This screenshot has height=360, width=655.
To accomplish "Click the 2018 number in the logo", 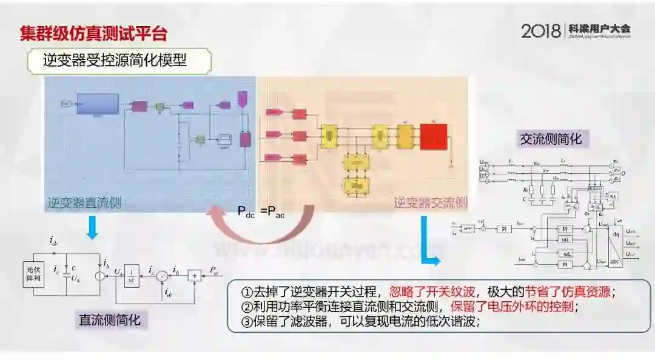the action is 541,31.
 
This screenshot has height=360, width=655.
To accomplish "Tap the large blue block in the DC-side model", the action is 96,105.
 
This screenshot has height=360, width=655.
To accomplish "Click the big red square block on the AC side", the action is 433,136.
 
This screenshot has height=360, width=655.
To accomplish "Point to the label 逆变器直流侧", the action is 84,203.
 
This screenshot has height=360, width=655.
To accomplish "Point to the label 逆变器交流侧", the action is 431,203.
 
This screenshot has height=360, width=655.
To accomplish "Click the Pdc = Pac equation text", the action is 265,212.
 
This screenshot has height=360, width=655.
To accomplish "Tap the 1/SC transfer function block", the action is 132,276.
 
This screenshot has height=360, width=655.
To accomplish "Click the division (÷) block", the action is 195,276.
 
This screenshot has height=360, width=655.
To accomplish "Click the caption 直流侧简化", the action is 109,319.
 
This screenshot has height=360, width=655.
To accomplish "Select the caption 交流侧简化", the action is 551,139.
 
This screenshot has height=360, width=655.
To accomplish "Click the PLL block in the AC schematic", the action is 613,196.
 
